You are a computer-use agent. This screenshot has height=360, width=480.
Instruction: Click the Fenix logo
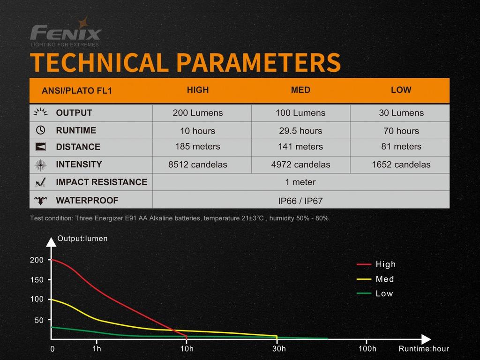pos(66,33)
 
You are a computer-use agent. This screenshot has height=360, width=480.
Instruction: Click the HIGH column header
pos(197,90)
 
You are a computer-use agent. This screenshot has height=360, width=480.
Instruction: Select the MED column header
pos(300,90)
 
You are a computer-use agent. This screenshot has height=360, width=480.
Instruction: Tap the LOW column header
pos(401,90)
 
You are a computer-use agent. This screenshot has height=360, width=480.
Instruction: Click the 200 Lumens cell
pos(197,113)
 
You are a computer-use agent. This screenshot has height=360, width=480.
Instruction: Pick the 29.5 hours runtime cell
pos(300,131)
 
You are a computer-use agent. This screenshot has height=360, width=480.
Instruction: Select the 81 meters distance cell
pos(401,147)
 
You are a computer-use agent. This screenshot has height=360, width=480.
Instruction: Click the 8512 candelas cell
pos(197,165)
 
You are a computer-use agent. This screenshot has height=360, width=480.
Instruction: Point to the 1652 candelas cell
pos(401,165)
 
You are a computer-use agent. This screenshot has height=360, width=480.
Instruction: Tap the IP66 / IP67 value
pos(300,201)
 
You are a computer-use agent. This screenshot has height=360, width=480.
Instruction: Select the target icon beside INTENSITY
pos(41,165)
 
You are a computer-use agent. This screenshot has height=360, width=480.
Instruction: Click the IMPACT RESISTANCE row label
pos(101,182)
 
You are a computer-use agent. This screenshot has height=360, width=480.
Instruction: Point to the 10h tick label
pos(187,349)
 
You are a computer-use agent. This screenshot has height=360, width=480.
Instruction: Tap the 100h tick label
pos(367,349)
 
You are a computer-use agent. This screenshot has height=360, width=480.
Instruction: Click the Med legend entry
pos(385,279)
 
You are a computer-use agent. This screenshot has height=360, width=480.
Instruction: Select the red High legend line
pos(364,264)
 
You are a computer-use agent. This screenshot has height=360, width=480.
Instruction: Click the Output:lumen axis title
pos(82,239)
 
